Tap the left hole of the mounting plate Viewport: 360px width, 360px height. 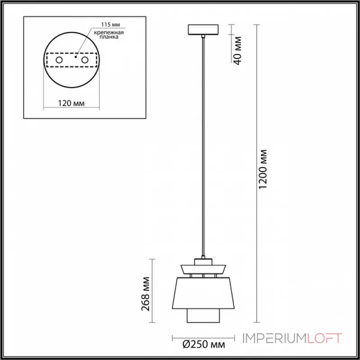[58, 60]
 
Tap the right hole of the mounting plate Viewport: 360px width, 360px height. [84, 60]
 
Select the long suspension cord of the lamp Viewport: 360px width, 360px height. [204, 144]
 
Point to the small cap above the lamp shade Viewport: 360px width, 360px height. [203, 261]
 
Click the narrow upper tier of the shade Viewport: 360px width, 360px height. [203, 269]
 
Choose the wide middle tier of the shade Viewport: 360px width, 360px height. [203, 293]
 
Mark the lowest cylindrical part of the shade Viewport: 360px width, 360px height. [203, 316]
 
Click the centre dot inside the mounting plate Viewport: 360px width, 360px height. [76, 57]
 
